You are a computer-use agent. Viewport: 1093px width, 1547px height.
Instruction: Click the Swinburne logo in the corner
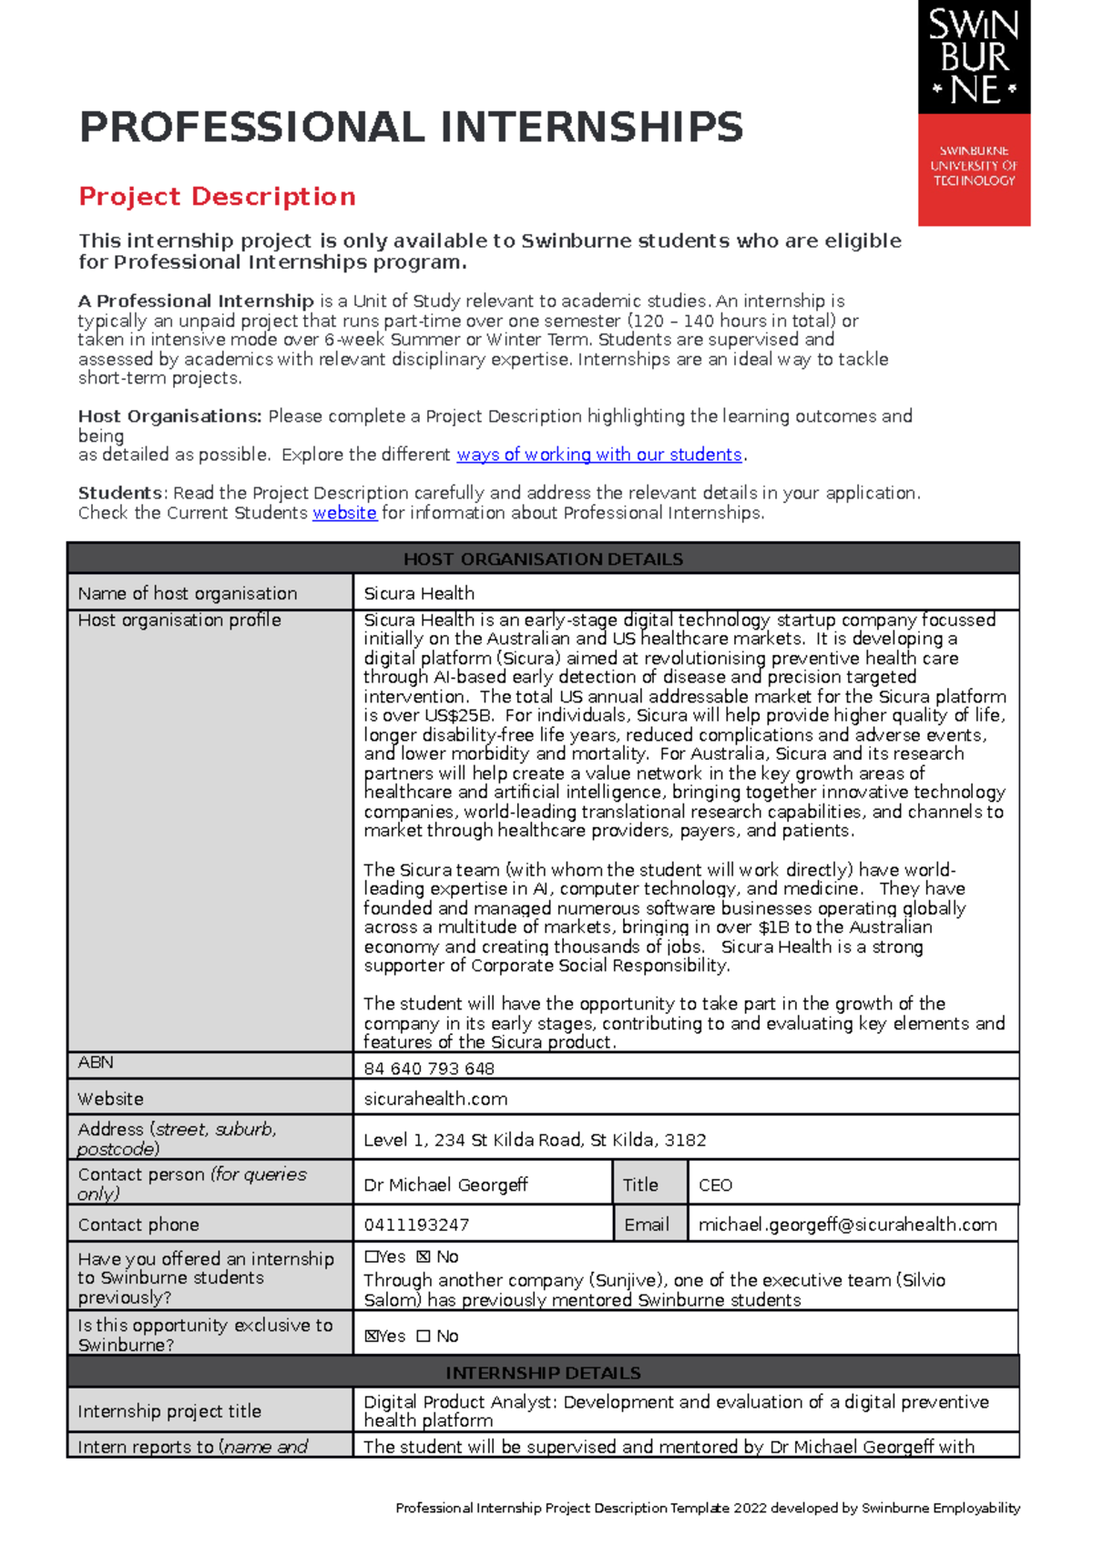(974, 112)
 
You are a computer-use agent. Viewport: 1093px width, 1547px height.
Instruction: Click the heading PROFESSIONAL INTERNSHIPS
(411, 128)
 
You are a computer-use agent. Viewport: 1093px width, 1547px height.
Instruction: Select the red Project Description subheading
(217, 197)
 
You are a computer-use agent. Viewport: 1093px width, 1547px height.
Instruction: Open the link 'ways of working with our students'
(598, 455)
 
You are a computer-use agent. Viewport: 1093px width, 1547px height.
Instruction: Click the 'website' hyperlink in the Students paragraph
(344, 513)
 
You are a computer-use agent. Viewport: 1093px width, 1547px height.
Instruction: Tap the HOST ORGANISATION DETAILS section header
(543, 558)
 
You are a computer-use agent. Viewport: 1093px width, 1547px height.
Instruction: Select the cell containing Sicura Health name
(419, 593)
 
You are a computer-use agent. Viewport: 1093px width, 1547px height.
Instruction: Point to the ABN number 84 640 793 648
(429, 1069)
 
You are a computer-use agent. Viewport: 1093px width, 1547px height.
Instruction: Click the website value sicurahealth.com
(435, 1099)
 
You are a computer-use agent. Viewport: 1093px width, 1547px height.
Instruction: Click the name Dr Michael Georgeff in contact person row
(445, 1184)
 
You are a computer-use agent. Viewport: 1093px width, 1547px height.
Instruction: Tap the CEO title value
(715, 1184)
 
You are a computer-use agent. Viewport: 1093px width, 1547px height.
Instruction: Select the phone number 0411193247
(416, 1224)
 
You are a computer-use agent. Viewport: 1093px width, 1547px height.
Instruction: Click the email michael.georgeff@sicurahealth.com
(847, 1224)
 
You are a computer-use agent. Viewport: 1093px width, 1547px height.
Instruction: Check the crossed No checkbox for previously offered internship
(424, 1257)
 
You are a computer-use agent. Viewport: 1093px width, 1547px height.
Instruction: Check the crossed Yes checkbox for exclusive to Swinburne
(371, 1337)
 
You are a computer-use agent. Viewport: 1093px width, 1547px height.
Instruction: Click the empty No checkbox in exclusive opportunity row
(424, 1337)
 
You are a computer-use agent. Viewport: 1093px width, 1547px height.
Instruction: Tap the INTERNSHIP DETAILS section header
(543, 1372)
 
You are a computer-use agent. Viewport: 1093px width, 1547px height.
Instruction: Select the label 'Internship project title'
(169, 1411)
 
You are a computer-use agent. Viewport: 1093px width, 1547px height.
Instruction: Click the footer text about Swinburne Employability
(708, 1508)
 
